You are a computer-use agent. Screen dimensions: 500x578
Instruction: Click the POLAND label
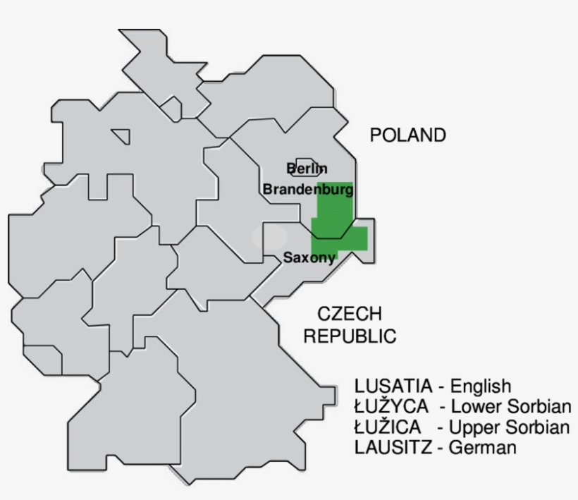[408, 135]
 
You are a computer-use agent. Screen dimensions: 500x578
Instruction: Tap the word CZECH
[349, 314]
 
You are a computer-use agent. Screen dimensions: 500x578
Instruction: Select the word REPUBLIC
[350, 336]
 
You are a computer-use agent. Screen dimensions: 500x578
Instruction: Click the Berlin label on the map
[307, 169]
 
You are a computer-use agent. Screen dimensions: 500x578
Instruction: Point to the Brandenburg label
[308, 189]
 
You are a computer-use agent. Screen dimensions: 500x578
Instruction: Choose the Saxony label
[309, 258]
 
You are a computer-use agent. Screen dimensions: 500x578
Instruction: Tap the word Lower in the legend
[474, 407]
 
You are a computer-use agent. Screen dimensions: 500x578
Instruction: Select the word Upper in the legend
[473, 427]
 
